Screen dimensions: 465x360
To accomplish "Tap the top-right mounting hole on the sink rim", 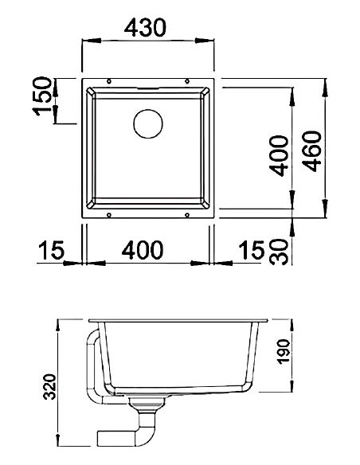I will (x=187, y=81).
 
